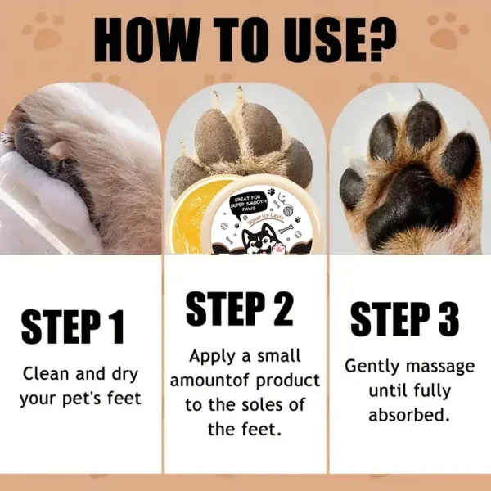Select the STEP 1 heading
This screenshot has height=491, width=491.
[73, 325]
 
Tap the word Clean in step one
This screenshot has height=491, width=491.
[45, 375]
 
